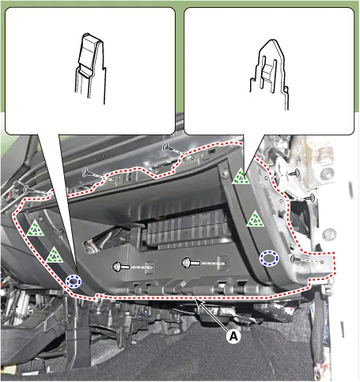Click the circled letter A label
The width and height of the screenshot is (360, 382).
(233, 336)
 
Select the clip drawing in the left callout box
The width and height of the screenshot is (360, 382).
(89, 68)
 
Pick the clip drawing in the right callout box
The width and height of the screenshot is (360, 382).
(269, 74)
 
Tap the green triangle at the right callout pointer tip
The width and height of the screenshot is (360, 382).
(241, 176)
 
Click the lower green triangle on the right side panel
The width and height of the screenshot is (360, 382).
(255, 219)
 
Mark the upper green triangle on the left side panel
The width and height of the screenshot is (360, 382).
(35, 229)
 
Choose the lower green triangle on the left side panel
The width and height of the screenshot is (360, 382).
(55, 255)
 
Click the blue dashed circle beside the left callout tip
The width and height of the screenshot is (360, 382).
(74, 281)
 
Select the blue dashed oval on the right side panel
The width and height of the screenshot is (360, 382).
(269, 258)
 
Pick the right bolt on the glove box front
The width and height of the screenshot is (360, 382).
(191, 263)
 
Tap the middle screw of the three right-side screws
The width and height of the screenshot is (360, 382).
(311, 198)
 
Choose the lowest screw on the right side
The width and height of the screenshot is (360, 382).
(294, 259)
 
